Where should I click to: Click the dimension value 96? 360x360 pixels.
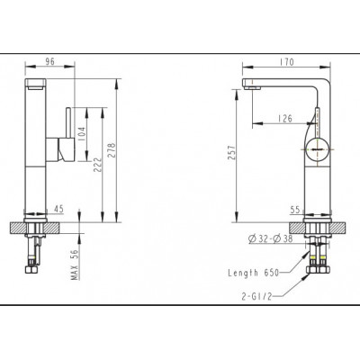tap(49, 61)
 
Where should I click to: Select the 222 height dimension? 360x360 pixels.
tap(97, 165)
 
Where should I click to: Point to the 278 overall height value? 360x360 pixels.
tap(112, 150)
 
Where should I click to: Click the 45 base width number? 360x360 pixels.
tap(58, 209)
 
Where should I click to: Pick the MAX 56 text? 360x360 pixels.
tap(76, 265)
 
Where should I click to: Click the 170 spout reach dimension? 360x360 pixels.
tap(286, 62)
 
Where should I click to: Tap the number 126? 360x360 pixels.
tap(284, 119)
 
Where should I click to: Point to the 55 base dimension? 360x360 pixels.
tap(295, 210)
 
